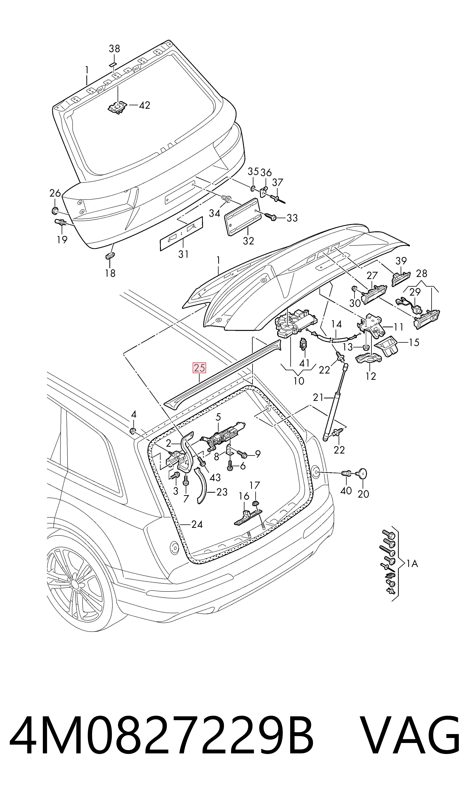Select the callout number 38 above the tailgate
pos(115,49)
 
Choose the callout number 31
pos(184,254)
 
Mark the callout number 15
pos(414,343)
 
